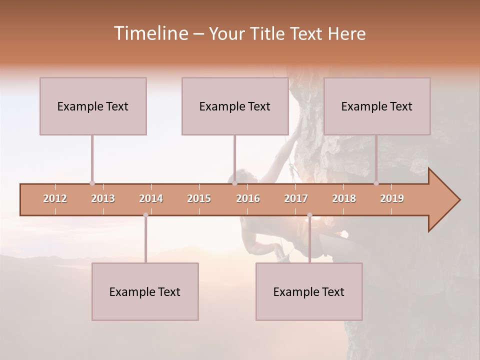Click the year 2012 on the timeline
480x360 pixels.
[55, 198]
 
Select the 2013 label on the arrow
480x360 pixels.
[103, 198]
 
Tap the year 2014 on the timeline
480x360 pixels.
[151, 198]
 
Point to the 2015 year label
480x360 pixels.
[199, 198]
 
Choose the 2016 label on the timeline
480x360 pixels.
[248, 198]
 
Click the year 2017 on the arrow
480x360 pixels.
[296, 198]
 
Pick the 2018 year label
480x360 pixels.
[344, 198]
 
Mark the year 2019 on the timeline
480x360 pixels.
[392, 198]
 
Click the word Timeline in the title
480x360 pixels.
[150, 33]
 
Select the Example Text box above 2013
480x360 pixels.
[93, 106]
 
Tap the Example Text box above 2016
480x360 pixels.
[235, 106]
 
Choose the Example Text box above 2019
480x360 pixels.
[377, 106]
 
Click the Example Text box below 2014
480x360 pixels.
[145, 291]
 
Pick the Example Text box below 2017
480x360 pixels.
[309, 291]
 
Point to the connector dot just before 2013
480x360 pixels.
[92, 183]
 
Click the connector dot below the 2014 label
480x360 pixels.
[145, 215]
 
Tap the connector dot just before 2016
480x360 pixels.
[234, 183]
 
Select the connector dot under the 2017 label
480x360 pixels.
[309, 215]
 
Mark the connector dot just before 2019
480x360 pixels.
[376, 183]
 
